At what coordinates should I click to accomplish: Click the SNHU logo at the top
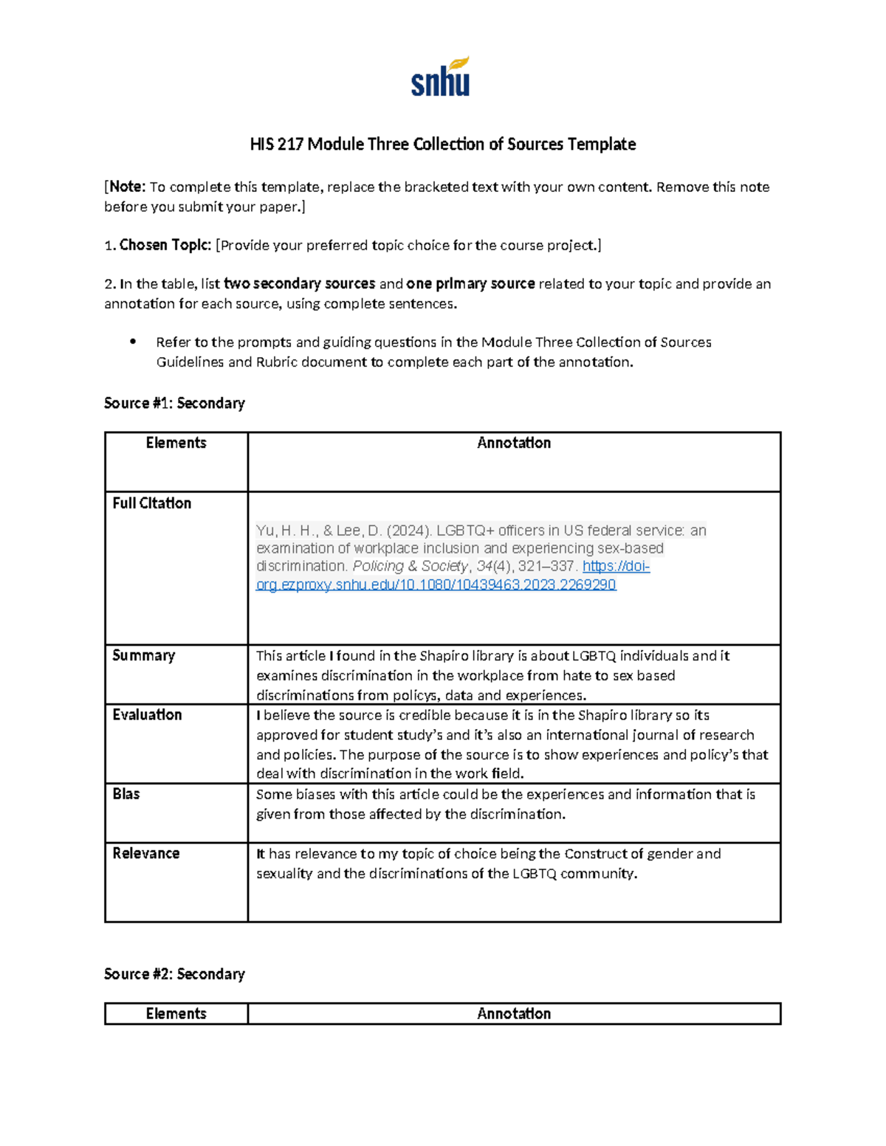pyautogui.click(x=440, y=77)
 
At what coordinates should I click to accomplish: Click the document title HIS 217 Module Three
pyautogui.click(x=442, y=144)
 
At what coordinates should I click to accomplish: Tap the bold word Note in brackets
pyautogui.click(x=127, y=187)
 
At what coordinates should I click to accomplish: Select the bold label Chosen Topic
pyautogui.click(x=165, y=245)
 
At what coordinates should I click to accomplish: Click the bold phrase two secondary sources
pyautogui.click(x=299, y=283)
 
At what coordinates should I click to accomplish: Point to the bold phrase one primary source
pyautogui.click(x=470, y=283)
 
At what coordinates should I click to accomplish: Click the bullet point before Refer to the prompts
pyautogui.click(x=133, y=342)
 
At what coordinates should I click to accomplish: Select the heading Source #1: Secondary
pyautogui.click(x=174, y=403)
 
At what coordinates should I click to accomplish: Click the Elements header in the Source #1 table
pyautogui.click(x=176, y=443)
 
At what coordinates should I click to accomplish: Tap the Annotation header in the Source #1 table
pyautogui.click(x=514, y=443)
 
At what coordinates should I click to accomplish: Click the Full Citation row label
pyautogui.click(x=151, y=503)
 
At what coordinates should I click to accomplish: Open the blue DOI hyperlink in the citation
pyautogui.click(x=436, y=584)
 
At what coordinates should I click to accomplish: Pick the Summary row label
pyautogui.click(x=143, y=655)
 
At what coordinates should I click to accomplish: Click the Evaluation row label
pyautogui.click(x=147, y=714)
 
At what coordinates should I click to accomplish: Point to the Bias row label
pyautogui.click(x=126, y=794)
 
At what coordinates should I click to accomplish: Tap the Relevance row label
pyautogui.click(x=145, y=853)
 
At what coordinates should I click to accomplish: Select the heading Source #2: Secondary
pyautogui.click(x=174, y=974)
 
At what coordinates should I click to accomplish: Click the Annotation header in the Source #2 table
pyautogui.click(x=514, y=1014)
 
